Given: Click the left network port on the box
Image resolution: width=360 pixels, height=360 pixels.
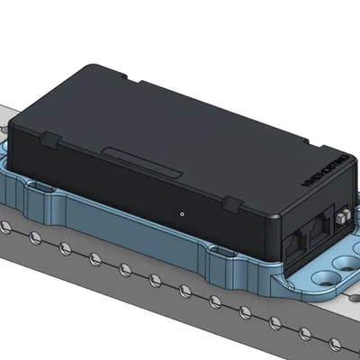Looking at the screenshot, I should pos(297,244).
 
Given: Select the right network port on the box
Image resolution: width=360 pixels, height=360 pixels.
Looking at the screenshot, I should pos(318,236).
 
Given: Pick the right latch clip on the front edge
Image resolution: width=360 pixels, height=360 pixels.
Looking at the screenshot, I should pos(232,205).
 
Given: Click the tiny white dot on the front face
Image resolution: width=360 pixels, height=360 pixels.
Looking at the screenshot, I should pos(182,214).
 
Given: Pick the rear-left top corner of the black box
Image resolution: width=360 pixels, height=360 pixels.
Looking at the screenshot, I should pos(85,67).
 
